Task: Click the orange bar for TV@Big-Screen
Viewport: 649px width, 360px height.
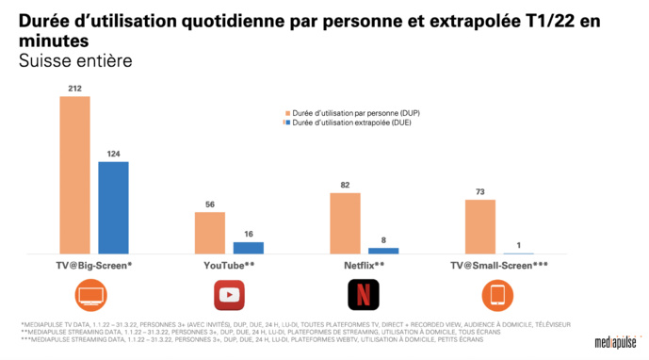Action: tap(74, 175)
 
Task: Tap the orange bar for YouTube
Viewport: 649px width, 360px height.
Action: tap(209, 233)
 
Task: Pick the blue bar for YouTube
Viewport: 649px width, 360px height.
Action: tap(249, 248)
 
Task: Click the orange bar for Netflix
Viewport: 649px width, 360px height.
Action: tap(345, 223)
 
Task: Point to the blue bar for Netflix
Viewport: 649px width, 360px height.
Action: tap(383, 251)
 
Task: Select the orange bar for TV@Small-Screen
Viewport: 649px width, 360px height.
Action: tap(479, 226)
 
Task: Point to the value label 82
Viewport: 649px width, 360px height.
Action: tap(345, 186)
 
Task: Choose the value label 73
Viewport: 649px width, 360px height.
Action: tap(479, 192)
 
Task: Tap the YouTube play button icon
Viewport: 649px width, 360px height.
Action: tap(229, 295)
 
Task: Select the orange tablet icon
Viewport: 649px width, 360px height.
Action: tap(497, 295)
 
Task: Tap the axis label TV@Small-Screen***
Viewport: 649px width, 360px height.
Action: tap(497, 265)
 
